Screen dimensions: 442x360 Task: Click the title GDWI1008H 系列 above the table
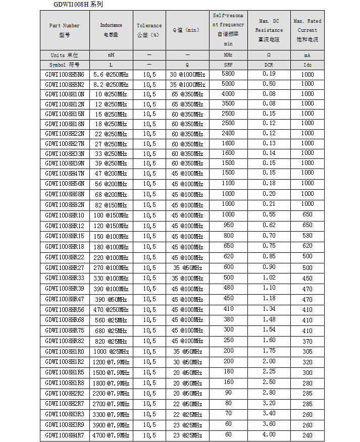click(x=78, y=5)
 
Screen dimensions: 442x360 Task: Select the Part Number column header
click(x=65, y=30)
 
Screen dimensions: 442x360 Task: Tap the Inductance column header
click(x=111, y=30)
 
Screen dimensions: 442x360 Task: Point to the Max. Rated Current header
click(x=307, y=30)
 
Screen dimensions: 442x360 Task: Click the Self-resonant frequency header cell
click(x=228, y=30)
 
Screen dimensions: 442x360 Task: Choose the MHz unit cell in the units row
click(x=228, y=55)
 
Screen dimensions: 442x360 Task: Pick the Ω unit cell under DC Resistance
click(x=269, y=55)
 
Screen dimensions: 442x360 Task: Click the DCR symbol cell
click(x=269, y=65)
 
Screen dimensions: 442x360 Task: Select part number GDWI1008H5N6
click(x=65, y=75)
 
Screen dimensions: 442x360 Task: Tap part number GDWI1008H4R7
click(x=65, y=435)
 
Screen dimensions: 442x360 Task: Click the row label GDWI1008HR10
click(x=65, y=215)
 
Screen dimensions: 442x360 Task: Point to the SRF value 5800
click(x=228, y=74)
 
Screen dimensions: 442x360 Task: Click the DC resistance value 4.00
click(x=269, y=434)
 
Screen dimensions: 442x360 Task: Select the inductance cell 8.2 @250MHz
click(x=111, y=84)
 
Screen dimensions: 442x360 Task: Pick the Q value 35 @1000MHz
click(x=187, y=84)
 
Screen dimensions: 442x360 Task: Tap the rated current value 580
click(x=307, y=236)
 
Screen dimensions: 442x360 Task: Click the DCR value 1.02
click(x=269, y=277)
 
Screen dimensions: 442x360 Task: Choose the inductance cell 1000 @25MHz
click(x=111, y=352)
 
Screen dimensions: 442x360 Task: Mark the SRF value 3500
click(x=228, y=103)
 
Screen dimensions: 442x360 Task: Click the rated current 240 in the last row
click(x=307, y=435)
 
